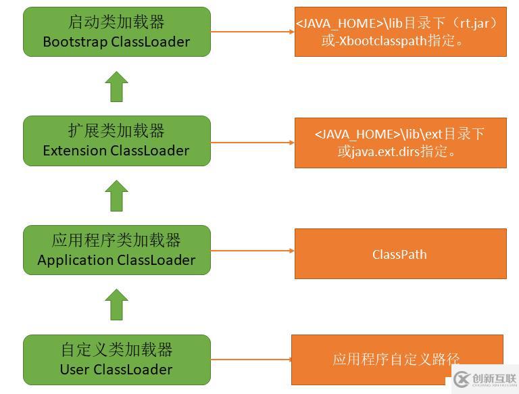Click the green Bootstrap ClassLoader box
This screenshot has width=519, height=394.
tap(116, 32)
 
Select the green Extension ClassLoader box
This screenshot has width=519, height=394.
tap(116, 141)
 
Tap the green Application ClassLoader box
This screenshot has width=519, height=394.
tap(116, 250)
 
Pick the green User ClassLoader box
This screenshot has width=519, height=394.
tap(116, 360)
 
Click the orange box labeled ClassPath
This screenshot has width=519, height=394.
tap(400, 254)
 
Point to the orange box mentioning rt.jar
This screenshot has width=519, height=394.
tap(400, 32)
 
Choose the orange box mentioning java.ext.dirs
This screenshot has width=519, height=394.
tap(400, 143)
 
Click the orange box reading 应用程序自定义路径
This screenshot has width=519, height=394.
tap(397, 360)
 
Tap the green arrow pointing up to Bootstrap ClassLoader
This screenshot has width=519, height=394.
tap(116, 87)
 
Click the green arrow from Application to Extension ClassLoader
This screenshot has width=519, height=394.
tap(116, 196)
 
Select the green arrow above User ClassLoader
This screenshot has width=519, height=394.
tap(116, 305)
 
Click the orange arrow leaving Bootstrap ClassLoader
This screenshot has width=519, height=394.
tap(252, 32)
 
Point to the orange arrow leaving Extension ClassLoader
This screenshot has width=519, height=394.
tap(252, 142)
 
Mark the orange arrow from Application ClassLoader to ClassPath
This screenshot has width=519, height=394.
tap(252, 251)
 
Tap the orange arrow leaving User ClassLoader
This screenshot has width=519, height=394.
tap(251, 360)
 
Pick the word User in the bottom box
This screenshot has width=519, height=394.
tap(74, 370)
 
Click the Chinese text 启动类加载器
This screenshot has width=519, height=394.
tap(116, 22)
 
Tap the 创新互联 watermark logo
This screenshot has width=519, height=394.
tap(485, 379)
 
